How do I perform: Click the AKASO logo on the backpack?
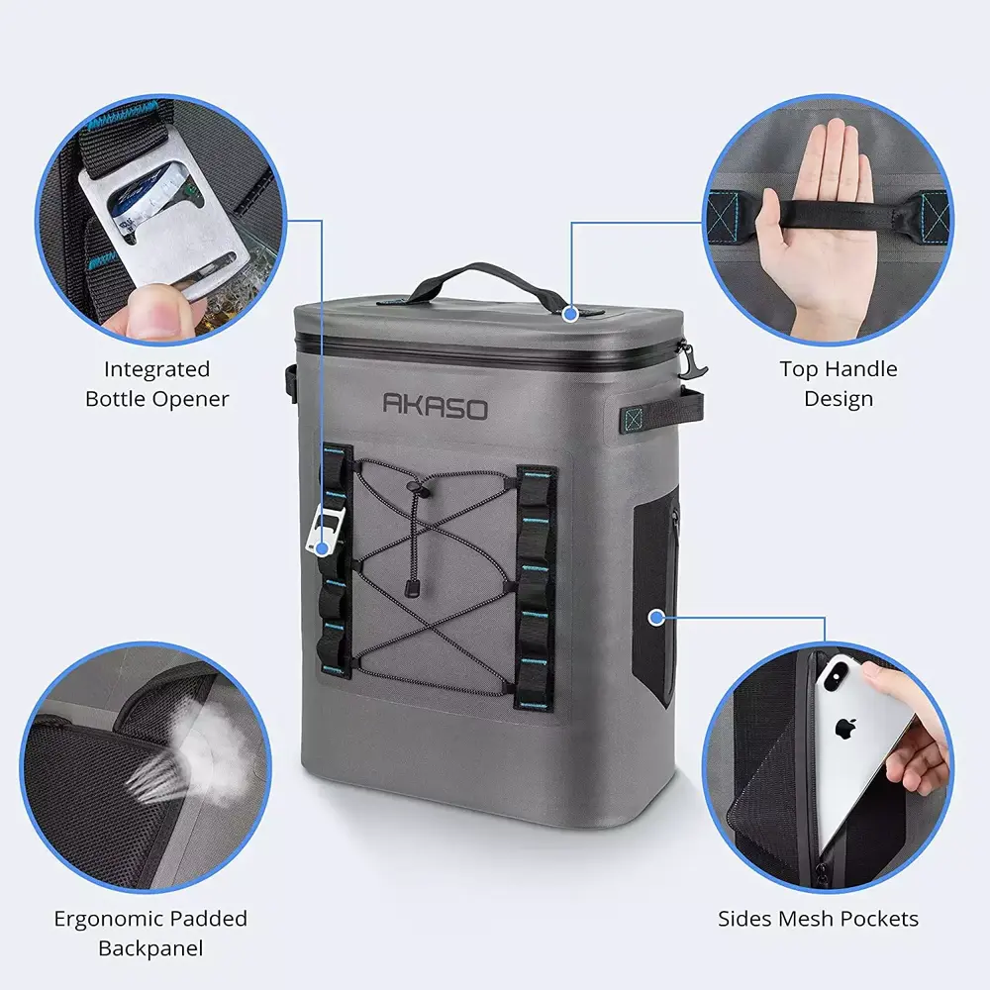click(x=435, y=404)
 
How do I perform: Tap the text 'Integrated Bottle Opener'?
click(x=156, y=384)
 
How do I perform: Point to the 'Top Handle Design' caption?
click(x=838, y=384)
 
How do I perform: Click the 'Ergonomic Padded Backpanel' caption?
click(x=150, y=934)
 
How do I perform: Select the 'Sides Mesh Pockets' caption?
click(x=818, y=919)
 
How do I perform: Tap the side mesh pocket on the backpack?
click(x=655, y=594)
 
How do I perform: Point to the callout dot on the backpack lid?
click(x=569, y=314)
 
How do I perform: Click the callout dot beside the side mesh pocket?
click(x=654, y=618)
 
